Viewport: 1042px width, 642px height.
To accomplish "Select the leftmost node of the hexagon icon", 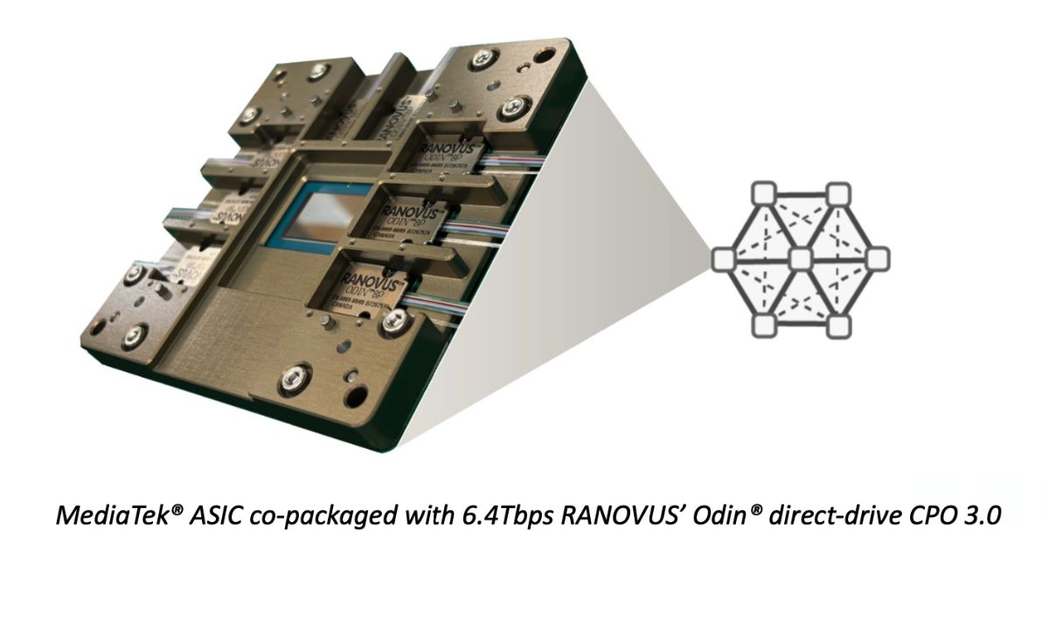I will tap(723, 259).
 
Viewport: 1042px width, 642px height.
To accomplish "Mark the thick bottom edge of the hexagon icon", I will tap(802, 326).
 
